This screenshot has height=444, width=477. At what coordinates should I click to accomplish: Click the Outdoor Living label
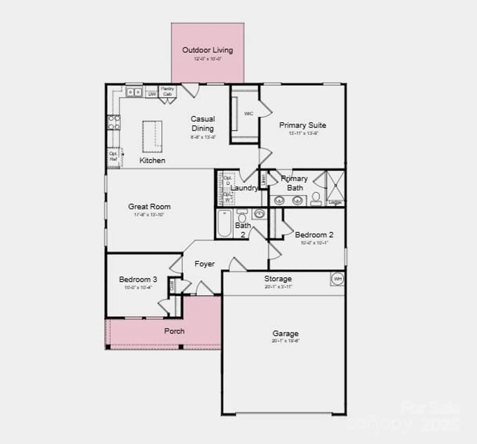click(x=207, y=50)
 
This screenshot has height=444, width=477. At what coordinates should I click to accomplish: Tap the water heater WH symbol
click(x=337, y=279)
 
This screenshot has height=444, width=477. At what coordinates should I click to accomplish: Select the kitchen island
click(x=152, y=136)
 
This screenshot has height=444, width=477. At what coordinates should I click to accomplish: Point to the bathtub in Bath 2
click(x=224, y=223)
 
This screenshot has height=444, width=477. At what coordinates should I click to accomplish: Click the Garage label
click(x=285, y=334)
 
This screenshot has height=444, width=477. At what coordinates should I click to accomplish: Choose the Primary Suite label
click(x=303, y=125)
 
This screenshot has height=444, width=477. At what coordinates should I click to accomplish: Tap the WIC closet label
click(x=248, y=114)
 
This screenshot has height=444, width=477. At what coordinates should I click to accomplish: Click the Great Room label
click(x=149, y=207)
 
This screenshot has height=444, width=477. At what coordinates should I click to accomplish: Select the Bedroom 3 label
click(x=138, y=279)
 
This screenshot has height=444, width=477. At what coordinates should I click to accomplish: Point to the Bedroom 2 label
click(x=314, y=235)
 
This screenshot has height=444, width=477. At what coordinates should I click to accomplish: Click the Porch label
click(x=174, y=331)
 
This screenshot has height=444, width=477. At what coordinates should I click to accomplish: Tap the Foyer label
click(x=205, y=264)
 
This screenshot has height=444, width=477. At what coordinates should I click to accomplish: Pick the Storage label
click(x=278, y=279)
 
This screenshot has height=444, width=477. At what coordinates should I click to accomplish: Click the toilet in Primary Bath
click(x=316, y=199)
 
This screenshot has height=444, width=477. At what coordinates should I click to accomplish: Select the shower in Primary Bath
click(x=335, y=186)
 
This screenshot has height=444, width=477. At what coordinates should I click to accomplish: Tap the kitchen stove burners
click(x=114, y=123)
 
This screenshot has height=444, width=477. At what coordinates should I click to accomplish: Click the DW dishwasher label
click(x=152, y=94)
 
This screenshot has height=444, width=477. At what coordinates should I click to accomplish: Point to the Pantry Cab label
click(x=167, y=91)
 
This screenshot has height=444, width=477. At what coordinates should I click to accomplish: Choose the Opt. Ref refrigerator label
click(x=113, y=156)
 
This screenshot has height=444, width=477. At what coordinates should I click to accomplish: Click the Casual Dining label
click(x=203, y=123)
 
